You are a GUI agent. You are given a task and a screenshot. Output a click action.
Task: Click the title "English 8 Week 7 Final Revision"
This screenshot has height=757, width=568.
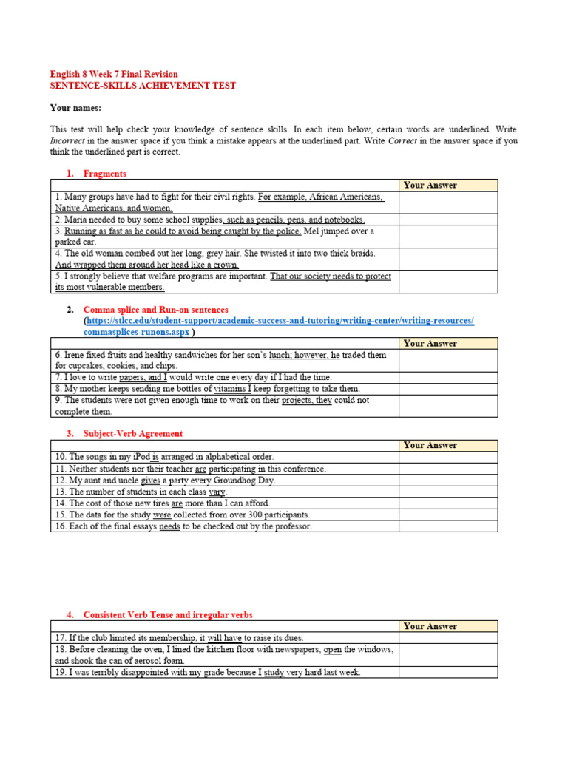pos(113,74)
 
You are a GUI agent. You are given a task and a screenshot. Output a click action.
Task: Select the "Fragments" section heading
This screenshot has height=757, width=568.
pos(104,174)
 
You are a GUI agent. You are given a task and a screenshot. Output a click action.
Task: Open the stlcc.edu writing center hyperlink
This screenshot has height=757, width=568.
pos(280,321)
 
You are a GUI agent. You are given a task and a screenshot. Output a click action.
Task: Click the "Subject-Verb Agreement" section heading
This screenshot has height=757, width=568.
pos(132,434)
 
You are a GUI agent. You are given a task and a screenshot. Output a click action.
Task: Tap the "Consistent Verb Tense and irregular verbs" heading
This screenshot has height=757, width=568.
pos(168,615)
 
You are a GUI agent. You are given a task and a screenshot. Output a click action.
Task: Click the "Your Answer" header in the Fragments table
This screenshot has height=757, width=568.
pos(430,185)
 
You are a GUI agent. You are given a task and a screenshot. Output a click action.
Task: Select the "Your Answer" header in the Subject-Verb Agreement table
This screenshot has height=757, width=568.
pos(430,445)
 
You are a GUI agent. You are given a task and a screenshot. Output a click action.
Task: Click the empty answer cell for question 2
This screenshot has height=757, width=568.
pos(448,220)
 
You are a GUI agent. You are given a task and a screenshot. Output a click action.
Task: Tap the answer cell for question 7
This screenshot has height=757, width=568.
pos(448,377)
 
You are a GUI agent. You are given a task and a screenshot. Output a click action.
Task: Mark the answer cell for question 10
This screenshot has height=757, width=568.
pos(448,457)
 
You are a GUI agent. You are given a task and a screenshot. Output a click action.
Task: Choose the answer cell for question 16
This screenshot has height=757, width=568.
pos(448,526)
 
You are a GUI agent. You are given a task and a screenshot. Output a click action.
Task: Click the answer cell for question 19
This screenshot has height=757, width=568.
pos(448,673)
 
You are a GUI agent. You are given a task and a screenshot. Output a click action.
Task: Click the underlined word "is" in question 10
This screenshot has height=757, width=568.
pos(155,457)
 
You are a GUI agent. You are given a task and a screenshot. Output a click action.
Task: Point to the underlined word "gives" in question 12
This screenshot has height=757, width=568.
pos(150,481)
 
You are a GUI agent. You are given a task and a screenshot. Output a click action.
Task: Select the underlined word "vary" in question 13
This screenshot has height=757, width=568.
pos(217,492)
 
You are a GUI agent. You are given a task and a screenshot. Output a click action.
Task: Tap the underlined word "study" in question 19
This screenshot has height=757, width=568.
pos(274,673)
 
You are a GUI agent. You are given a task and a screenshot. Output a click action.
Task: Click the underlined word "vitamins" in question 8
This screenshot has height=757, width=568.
pos(231,388)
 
